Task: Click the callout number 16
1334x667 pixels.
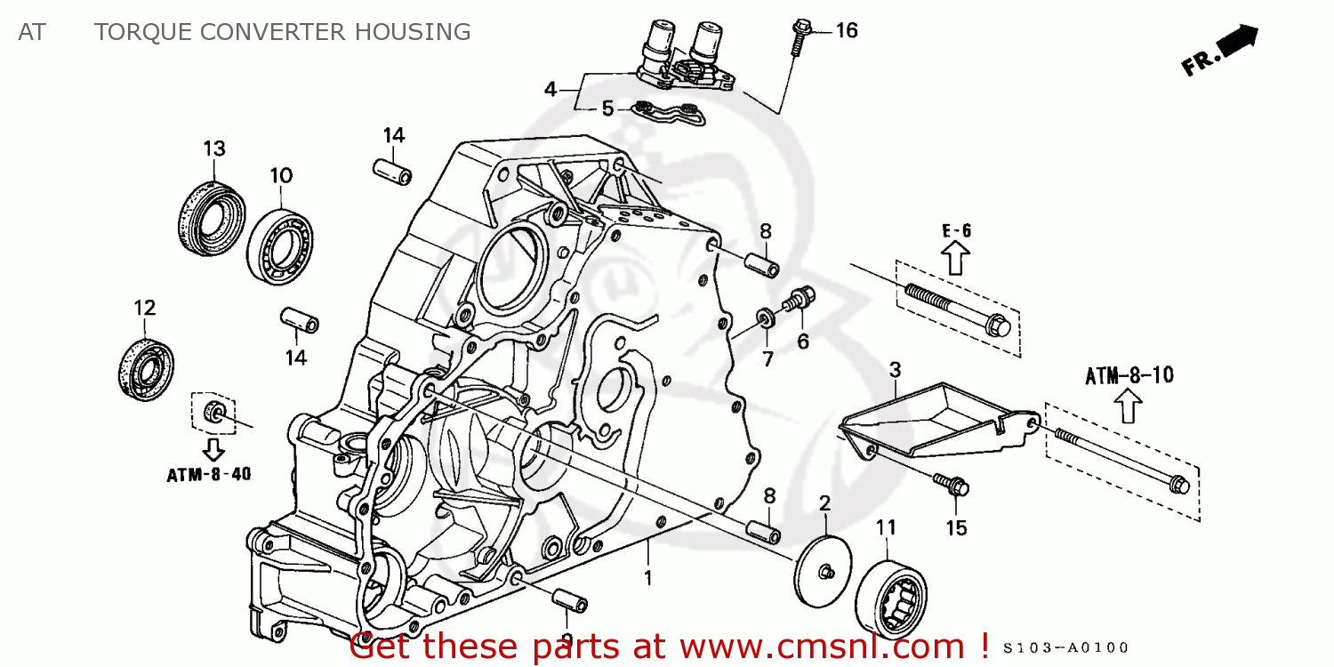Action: click(x=846, y=31)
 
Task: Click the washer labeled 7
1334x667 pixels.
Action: click(x=764, y=318)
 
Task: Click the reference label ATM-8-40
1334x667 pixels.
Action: click(x=208, y=475)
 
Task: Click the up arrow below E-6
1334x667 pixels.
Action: click(x=955, y=259)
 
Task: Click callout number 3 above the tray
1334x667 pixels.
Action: click(x=895, y=368)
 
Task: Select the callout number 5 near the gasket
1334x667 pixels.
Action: click(x=607, y=108)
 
